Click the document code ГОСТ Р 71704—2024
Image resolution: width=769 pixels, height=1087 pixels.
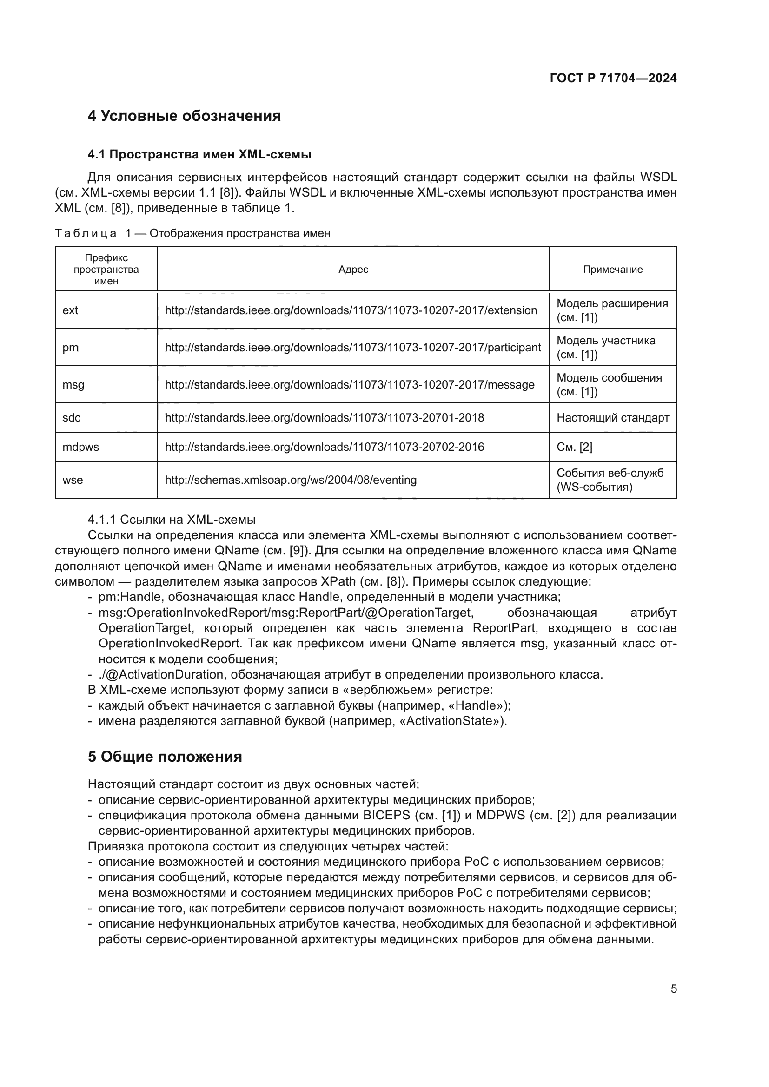(613, 79)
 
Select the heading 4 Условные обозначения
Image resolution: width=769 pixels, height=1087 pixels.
(184, 116)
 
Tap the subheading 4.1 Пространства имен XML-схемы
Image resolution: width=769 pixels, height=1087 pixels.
(199, 154)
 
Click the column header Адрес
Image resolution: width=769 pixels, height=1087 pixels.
(353, 270)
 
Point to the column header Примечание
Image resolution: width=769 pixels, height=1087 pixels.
(613, 270)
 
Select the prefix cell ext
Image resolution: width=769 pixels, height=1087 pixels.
(71, 310)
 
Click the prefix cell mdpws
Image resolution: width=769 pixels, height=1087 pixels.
(81, 447)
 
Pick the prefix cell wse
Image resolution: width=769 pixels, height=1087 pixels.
(73, 480)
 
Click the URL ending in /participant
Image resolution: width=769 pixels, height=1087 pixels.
(352, 348)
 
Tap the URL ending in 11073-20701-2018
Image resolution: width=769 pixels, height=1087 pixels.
(325, 418)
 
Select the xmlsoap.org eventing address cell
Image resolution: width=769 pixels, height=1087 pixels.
(291, 480)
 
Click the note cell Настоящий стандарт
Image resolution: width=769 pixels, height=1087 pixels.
(613, 418)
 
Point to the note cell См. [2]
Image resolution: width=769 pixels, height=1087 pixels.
(574, 447)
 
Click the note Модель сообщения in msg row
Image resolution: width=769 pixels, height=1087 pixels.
(609, 378)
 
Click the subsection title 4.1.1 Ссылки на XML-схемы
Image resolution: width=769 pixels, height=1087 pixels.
(172, 520)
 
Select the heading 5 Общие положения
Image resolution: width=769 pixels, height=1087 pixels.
(165, 757)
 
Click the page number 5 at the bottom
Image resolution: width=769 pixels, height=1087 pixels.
(673, 989)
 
